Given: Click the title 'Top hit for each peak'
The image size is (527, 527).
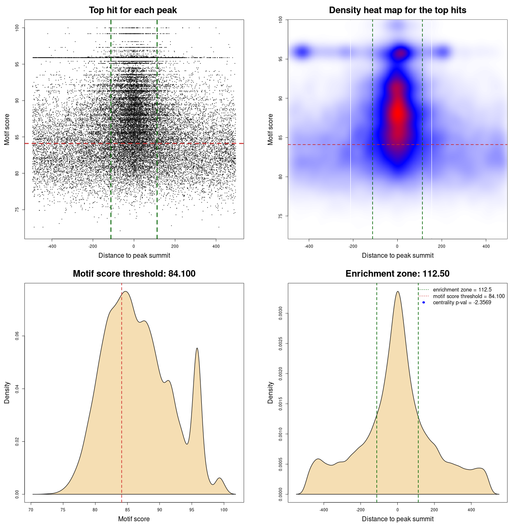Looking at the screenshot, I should click(x=133, y=10).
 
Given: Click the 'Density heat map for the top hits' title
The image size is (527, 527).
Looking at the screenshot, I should click(x=397, y=10).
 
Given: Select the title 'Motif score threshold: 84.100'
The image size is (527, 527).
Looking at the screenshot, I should click(x=134, y=274).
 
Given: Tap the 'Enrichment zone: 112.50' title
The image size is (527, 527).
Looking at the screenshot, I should click(x=397, y=274).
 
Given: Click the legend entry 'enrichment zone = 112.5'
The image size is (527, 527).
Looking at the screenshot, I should click(x=462, y=290).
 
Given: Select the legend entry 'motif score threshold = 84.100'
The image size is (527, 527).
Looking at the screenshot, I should click(x=469, y=296).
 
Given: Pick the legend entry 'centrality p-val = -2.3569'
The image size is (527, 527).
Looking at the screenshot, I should click(x=462, y=303).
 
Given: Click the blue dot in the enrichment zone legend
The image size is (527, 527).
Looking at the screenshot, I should click(x=424, y=303).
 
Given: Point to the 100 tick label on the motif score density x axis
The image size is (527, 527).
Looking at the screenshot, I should click(x=224, y=510).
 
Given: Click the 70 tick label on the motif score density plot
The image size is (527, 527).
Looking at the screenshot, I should click(x=31, y=510).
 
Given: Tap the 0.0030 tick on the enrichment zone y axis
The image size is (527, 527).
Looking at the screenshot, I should click(x=281, y=314).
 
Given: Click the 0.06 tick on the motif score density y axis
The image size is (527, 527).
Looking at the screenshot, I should click(x=17, y=336).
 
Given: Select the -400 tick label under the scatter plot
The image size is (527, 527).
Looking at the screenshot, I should click(x=52, y=246).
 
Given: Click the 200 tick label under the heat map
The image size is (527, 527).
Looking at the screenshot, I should click(x=442, y=246).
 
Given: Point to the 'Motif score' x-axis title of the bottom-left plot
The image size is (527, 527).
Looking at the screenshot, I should click(x=134, y=519).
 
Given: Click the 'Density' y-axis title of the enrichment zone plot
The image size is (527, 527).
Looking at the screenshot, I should click(x=270, y=392).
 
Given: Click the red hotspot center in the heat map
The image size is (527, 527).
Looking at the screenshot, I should click(x=398, y=113).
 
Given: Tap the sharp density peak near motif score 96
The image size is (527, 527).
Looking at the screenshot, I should click(x=197, y=349).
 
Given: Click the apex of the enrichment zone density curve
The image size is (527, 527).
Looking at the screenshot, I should click(x=398, y=291).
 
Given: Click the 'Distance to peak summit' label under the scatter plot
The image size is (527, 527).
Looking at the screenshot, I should click(x=134, y=255).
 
